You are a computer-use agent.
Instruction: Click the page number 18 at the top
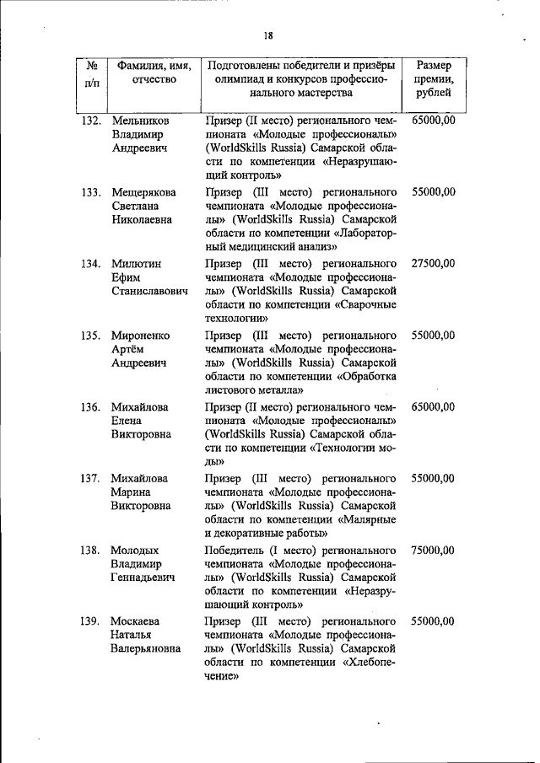[x=267, y=35]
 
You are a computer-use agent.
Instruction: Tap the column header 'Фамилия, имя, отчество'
[x=154, y=72]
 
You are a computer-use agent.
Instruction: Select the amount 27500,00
[x=434, y=264]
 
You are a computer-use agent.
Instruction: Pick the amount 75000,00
[x=434, y=550]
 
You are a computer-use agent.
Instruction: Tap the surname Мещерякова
[x=144, y=192]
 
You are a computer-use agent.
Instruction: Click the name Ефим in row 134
[x=124, y=277]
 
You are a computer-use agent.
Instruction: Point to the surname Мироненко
[x=140, y=335]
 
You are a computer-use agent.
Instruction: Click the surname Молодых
[x=136, y=550]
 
